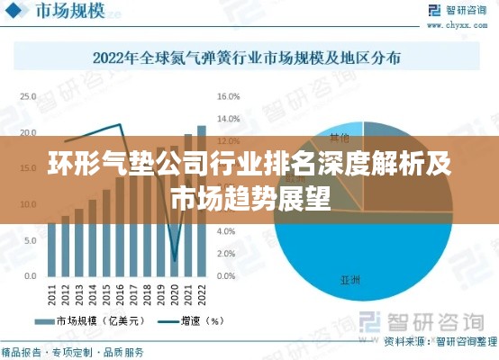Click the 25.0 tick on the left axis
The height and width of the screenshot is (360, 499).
click(x=29, y=95)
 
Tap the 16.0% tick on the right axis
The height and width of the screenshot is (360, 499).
click(x=228, y=95)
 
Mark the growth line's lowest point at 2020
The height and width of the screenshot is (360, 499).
click(x=174, y=260)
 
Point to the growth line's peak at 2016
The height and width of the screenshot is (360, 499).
click(x=120, y=124)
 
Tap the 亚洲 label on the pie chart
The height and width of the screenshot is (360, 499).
click(x=350, y=280)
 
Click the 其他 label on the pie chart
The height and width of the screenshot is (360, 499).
click(x=339, y=138)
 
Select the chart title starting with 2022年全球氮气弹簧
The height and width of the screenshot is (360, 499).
click(x=248, y=58)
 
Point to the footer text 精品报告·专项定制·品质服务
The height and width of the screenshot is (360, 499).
click(x=72, y=351)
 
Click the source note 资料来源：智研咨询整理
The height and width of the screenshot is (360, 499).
click(x=440, y=342)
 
